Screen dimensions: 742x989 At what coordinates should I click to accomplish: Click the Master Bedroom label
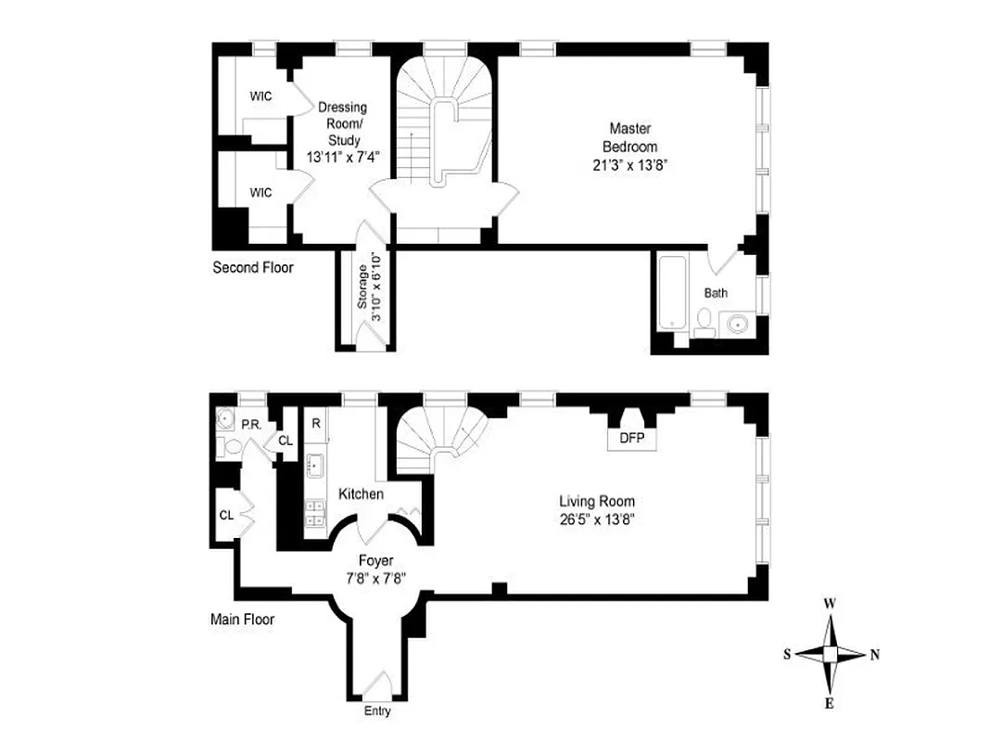click(x=629, y=137)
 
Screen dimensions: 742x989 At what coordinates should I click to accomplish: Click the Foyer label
click(x=376, y=560)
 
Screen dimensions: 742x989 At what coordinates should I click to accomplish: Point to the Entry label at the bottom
click(x=376, y=711)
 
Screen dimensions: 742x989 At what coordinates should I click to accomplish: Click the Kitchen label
click(x=361, y=494)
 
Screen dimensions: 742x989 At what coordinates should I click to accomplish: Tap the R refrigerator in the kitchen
click(x=316, y=424)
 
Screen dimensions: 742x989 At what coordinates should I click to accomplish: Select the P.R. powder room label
click(x=250, y=424)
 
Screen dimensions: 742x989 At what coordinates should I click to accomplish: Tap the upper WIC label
click(x=260, y=96)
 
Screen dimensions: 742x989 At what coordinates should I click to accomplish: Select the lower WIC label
click(x=260, y=192)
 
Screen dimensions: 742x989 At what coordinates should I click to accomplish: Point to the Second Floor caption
click(x=253, y=268)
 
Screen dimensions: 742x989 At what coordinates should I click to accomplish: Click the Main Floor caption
click(x=242, y=619)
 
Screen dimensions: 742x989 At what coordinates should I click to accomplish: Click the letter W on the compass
click(x=831, y=604)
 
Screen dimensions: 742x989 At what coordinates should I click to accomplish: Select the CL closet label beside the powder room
click(x=285, y=441)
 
